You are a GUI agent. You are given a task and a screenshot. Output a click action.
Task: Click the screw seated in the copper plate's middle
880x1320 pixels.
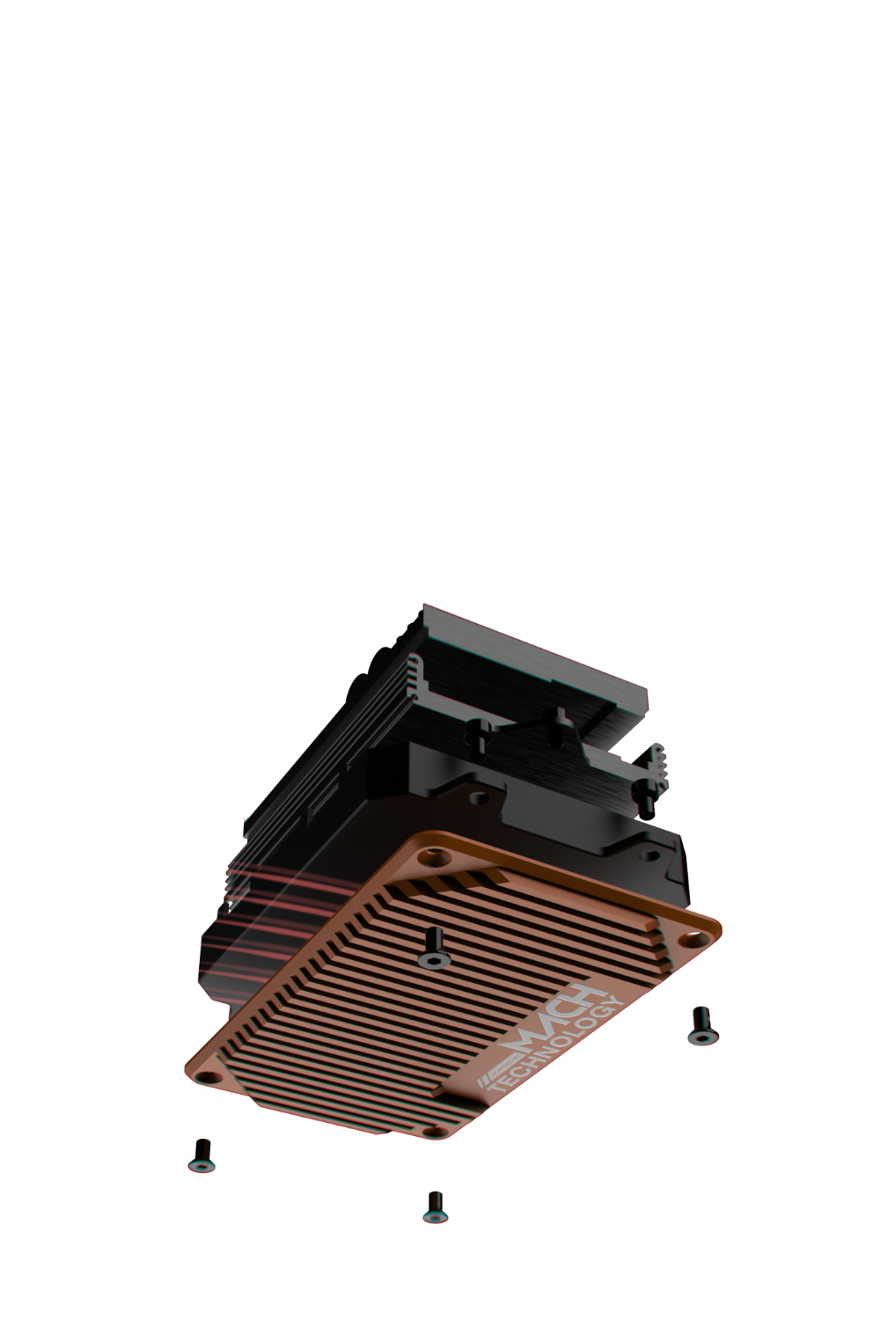(431, 949)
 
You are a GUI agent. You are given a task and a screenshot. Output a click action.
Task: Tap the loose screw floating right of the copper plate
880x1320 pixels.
(701, 1025)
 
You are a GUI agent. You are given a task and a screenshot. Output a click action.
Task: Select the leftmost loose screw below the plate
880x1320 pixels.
(202, 1155)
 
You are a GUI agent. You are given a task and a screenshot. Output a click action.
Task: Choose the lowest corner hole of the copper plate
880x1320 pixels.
(431, 1133)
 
